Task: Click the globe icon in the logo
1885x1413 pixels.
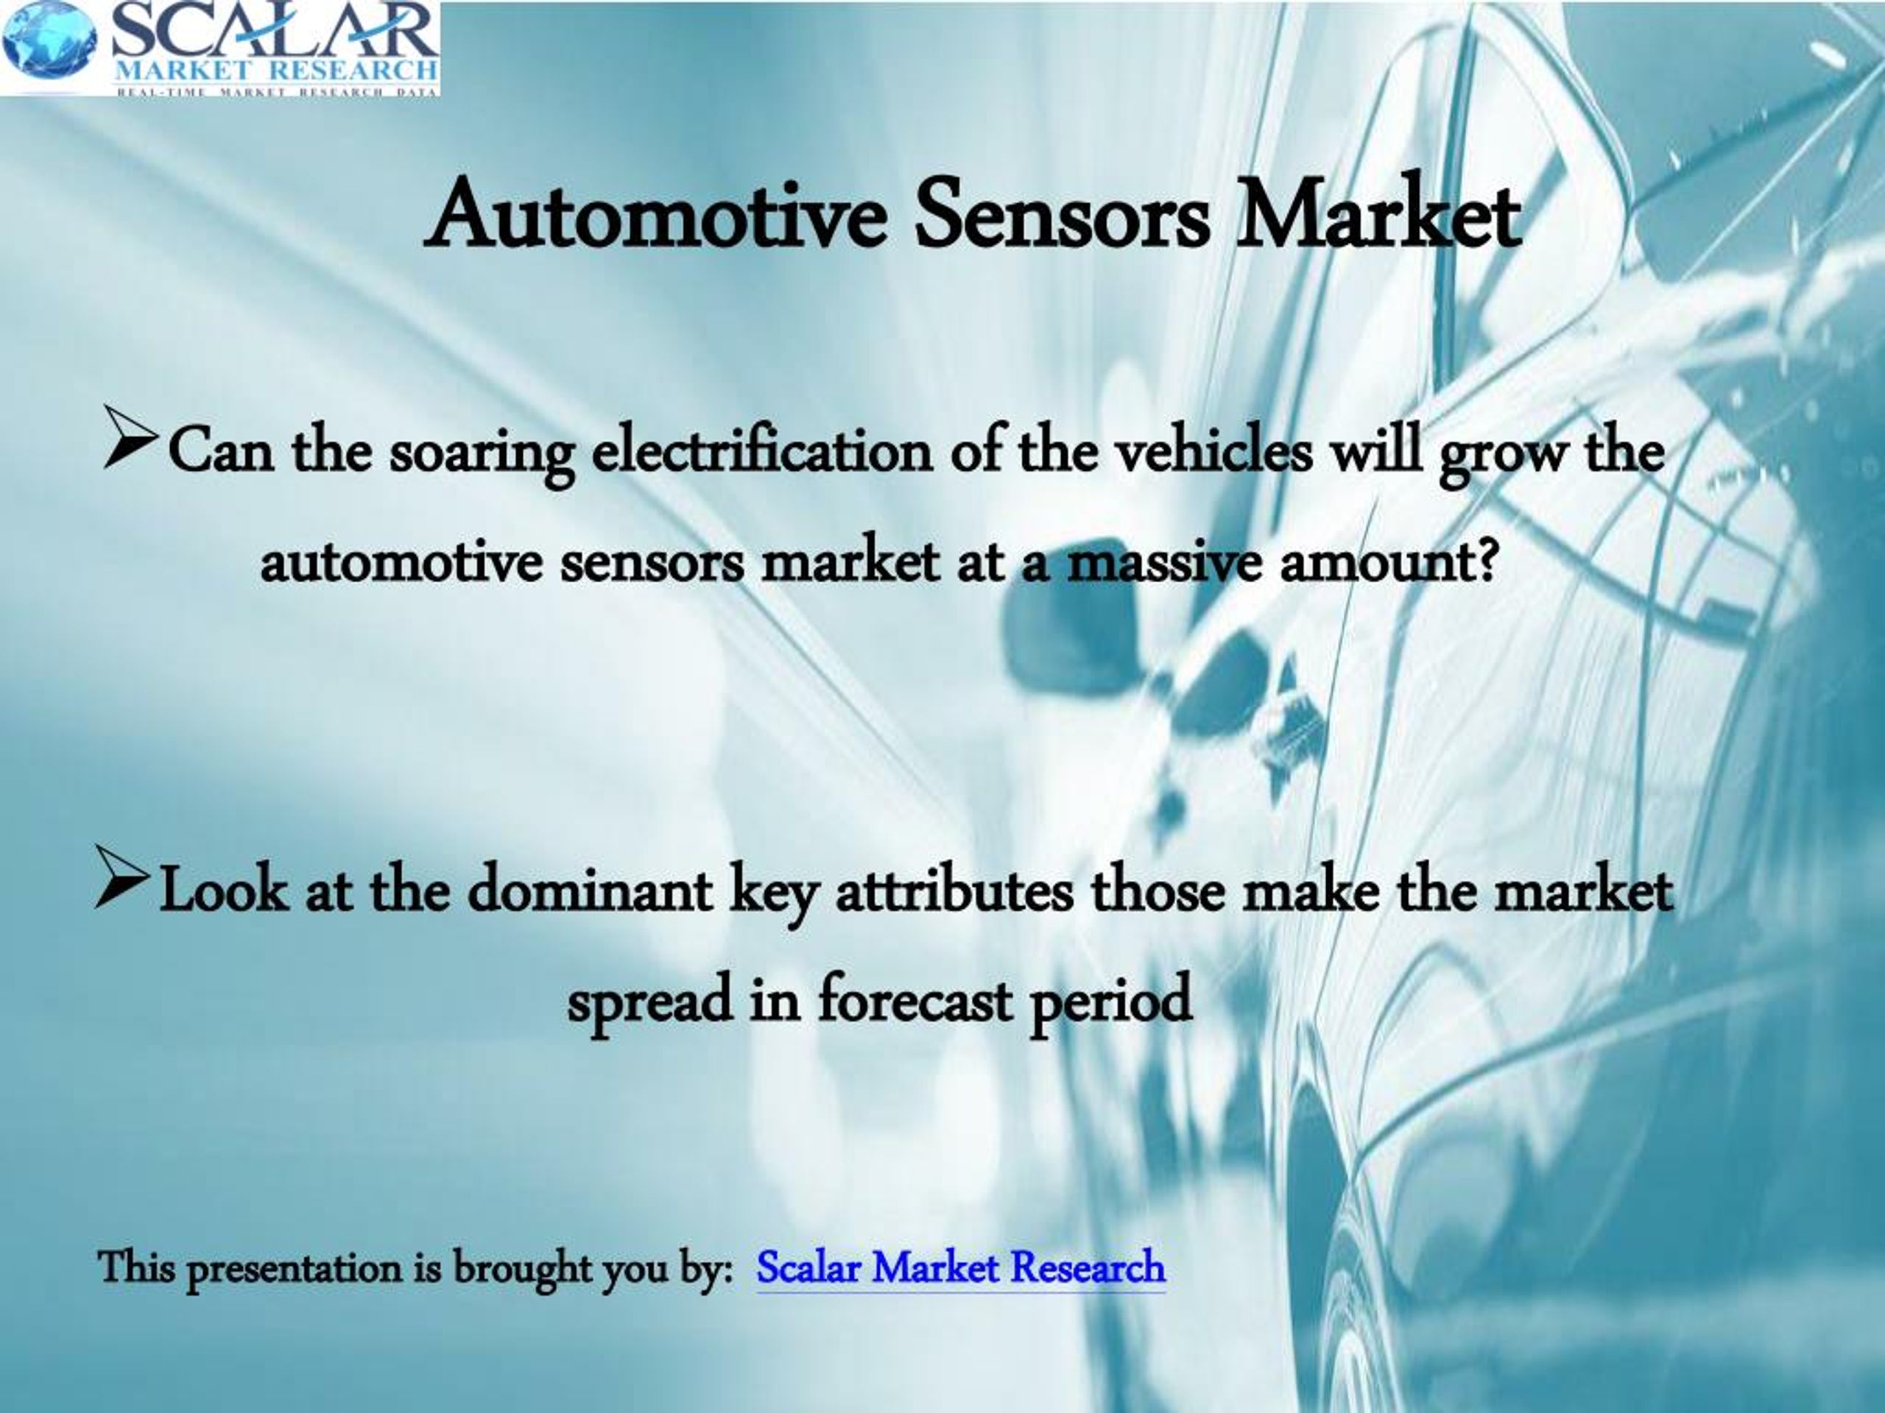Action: (49, 40)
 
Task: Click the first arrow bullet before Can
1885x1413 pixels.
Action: (130, 437)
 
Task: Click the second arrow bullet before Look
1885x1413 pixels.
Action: (124, 877)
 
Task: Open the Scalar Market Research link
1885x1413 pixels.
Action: (960, 1267)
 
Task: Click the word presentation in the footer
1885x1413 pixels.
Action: (294, 1269)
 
